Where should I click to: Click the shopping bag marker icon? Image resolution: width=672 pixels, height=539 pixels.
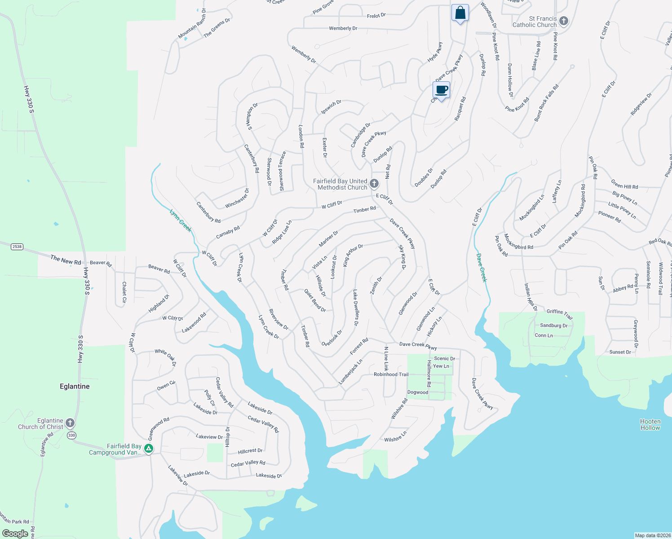[x=460, y=13]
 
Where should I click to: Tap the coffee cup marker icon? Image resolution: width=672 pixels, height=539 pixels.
[x=442, y=90]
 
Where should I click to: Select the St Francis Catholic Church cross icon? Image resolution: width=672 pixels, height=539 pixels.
[x=564, y=21]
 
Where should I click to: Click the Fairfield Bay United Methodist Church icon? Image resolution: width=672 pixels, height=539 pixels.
[x=374, y=183]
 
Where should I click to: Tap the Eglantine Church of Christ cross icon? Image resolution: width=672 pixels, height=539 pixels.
[x=70, y=423]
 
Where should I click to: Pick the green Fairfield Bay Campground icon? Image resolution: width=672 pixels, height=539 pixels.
[x=149, y=448]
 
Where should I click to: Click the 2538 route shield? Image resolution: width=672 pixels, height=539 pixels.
[x=17, y=247]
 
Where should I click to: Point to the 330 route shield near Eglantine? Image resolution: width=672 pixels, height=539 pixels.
[x=71, y=435]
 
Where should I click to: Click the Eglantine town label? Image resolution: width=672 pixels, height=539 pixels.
[x=75, y=386]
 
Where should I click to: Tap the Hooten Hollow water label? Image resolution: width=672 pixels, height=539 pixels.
[x=650, y=424]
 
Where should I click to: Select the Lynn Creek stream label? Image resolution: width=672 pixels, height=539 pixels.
[x=181, y=220]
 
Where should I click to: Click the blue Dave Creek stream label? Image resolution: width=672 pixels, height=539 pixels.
[x=481, y=268]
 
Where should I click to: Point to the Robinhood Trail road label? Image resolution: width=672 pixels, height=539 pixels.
[x=391, y=374]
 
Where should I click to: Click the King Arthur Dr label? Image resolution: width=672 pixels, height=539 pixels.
[x=353, y=256]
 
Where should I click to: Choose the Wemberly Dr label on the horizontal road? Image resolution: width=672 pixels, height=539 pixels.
[x=343, y=28]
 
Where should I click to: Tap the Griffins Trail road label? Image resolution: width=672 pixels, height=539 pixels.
[x=559, y=314]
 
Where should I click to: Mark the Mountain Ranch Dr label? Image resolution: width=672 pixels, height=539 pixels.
[x=192, y=23]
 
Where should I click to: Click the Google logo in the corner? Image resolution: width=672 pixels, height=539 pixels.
[x=15, y=533]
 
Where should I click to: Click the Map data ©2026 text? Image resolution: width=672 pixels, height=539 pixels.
[x=652, y=535]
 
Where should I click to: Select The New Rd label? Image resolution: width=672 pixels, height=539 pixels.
[x=66, y=260]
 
